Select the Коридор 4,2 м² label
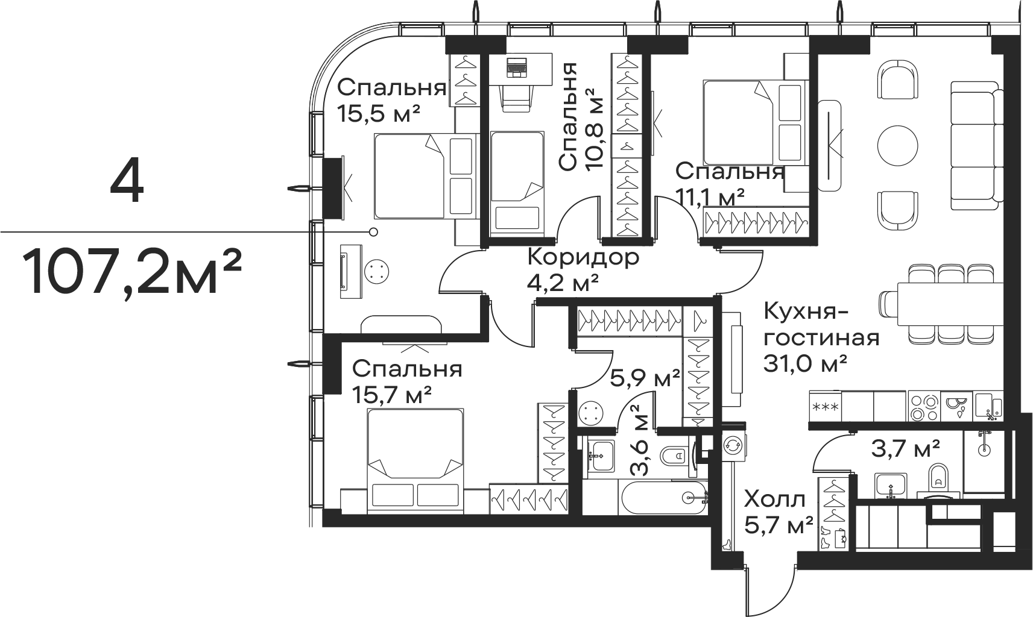[x=583, y=269]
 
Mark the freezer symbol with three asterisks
[x=825, y=407]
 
